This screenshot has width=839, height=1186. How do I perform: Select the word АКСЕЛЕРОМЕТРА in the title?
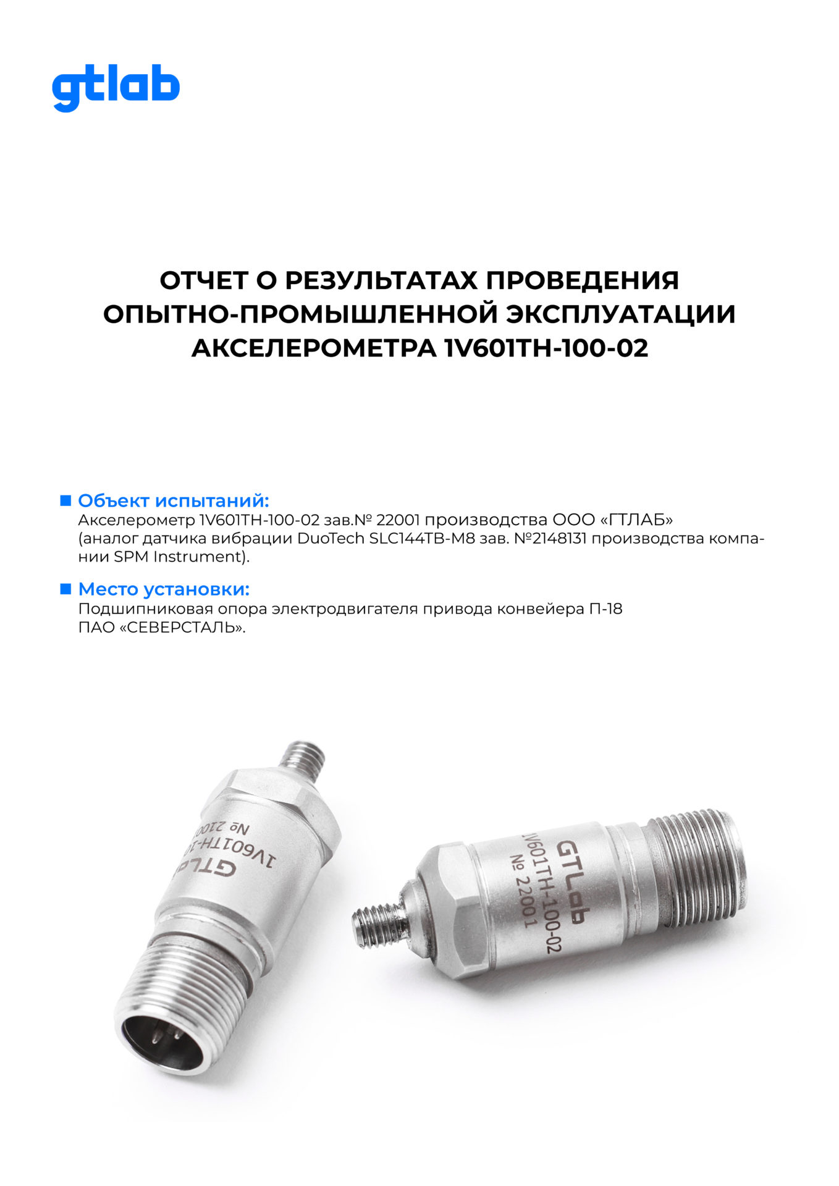click(x=313, y=348)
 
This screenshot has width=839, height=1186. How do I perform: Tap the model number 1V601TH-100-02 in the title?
click(x=546, y=348)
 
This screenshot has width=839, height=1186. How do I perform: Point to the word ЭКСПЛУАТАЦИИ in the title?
click(x=621, y=314)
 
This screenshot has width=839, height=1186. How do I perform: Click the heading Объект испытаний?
click(x=174, y=500)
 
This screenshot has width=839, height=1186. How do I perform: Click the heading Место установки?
click(x=164, y=589)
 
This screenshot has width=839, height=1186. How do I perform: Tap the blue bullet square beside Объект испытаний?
click(x=65, y=500)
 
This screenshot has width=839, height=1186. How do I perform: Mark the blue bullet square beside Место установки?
click(x=65, y=589)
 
